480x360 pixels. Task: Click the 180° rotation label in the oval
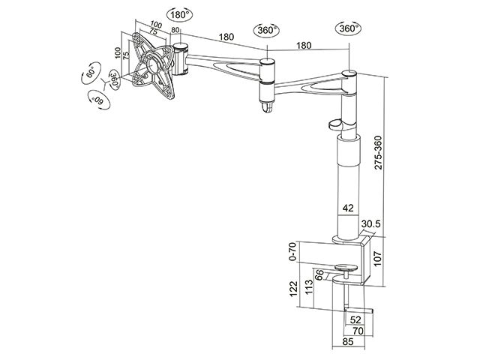tap(180, 15)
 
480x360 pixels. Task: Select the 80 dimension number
tap(175, 30)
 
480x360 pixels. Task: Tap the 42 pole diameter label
tap(348, 208)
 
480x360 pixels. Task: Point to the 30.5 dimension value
tap(370, 224)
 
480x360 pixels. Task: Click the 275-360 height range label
tap(378, 152)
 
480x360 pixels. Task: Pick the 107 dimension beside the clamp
tap(377, 259)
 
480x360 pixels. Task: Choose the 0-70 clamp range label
tap(293, 251)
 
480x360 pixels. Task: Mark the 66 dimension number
tap(319, 274)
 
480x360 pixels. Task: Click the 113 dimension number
tap(309, 286)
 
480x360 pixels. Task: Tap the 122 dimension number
tap(293, 289)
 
